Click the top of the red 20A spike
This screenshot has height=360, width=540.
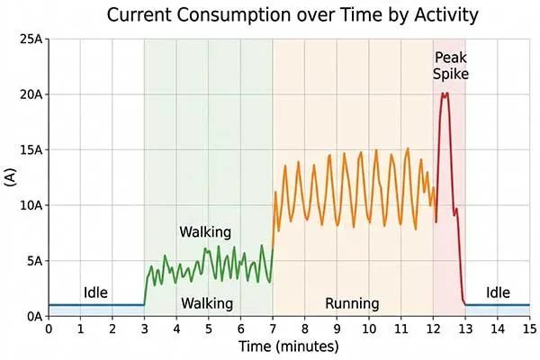[445, 94]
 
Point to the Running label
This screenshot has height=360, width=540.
[352, 303]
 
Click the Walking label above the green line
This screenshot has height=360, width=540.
[205, 232]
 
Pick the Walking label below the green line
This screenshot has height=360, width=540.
[207, 303]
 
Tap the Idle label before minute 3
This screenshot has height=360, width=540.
[96, 292]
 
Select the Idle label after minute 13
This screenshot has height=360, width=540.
[498, 292]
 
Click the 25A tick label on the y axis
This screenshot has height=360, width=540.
[31, 39]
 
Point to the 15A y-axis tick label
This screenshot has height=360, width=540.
[31, 149]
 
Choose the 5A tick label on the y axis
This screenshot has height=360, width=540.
[34, 261]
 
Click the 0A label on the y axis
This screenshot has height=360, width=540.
[34, 317]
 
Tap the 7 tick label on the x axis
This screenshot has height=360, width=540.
[273, 329]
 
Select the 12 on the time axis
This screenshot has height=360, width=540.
[433, 329]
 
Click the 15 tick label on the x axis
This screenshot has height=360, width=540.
[529, 329]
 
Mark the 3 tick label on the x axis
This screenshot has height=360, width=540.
[144, 329]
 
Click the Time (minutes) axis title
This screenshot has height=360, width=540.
[288, 346]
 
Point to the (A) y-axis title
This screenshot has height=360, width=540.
[11, 177]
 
